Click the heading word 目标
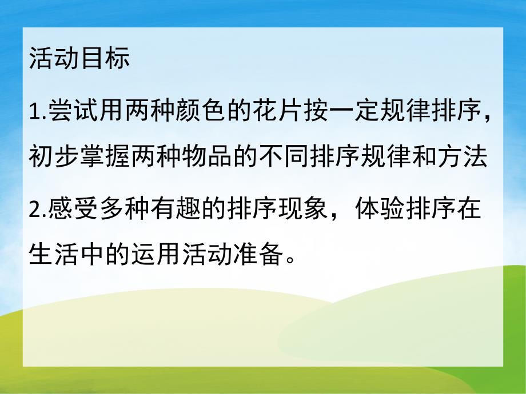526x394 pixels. [x=105, y=59]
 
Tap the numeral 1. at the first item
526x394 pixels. [x=36, y=108]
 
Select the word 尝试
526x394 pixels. [x=69, y=108]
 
